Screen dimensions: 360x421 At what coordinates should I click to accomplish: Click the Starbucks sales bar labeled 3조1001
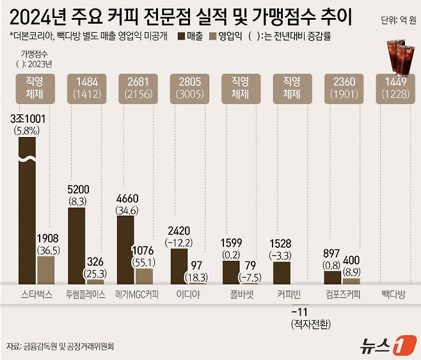click(27, 211)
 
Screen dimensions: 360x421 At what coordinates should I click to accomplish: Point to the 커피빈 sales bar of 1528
click(281, 273)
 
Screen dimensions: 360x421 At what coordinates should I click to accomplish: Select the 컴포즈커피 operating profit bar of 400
click(351, 281)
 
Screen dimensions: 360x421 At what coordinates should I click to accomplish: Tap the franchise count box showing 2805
click(190, 88)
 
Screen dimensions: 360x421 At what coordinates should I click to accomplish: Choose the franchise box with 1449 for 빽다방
click(395, 88)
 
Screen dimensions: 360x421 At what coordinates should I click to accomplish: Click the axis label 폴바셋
click(241, 295)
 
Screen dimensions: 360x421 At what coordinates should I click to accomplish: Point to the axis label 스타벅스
click(35, 295)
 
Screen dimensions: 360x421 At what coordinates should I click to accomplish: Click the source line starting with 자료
click(64, 346)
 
